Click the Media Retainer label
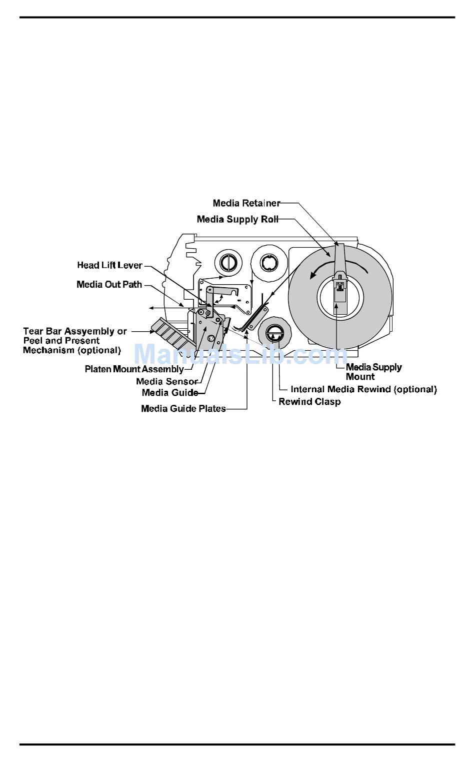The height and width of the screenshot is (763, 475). tap(246, 203)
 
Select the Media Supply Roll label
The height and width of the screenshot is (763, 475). tap(237, 219)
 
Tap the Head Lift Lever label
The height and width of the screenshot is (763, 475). tap(109, 265)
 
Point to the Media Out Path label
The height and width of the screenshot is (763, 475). tap(109, 284)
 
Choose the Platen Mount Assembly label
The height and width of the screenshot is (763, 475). tap(134, 369)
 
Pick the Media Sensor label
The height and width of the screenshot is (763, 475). tap(167, 381)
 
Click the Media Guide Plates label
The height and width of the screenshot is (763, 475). tap(183, 409)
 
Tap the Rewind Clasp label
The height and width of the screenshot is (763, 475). tap(309, 402)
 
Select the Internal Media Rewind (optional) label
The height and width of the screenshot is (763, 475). tap(363, 389)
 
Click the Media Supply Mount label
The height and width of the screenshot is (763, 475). tap(374, 372)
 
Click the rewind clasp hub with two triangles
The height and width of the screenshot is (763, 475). tap(274, 334)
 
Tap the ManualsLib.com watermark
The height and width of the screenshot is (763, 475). tap(240, 354)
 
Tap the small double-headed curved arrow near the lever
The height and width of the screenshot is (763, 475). tap(218, 299)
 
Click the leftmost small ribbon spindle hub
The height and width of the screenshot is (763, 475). tap(228, 263)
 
